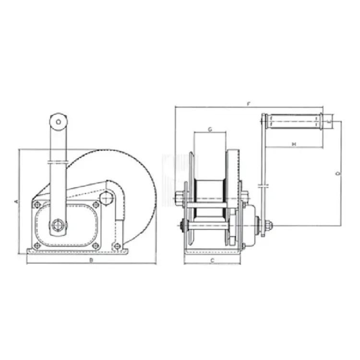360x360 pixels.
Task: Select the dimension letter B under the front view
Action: pyautogui.click(x=91, y=260)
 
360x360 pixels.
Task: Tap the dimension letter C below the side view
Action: pyautogui.click(x=212, y=260)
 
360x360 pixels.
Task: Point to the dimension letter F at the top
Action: pyautogui.click(x=248, y=103)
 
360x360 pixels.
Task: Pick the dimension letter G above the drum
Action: pyautogui.click(x=210, y=130)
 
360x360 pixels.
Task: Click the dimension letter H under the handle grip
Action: pyautogui.click(x=293, y=144)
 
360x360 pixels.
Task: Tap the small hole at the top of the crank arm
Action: pyautogui.click(x=58, y=122)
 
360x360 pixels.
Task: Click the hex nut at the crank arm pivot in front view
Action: pyautogui.click(x=58, y=224)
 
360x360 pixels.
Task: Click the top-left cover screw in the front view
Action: pyautogui.click(x=37, y=205)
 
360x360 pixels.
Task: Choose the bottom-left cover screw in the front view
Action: pyautogui.click(x=37, y=246)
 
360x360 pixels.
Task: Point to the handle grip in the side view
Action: pyautogui.click(x=294, y=120)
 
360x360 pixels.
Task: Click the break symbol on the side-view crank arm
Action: pyautogui.click(x=262, y=184)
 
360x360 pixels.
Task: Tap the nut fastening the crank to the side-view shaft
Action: pyautogui.click(x=266, y=224)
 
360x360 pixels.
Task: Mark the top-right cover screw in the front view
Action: pyautogui.click(x=96, y=205)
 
